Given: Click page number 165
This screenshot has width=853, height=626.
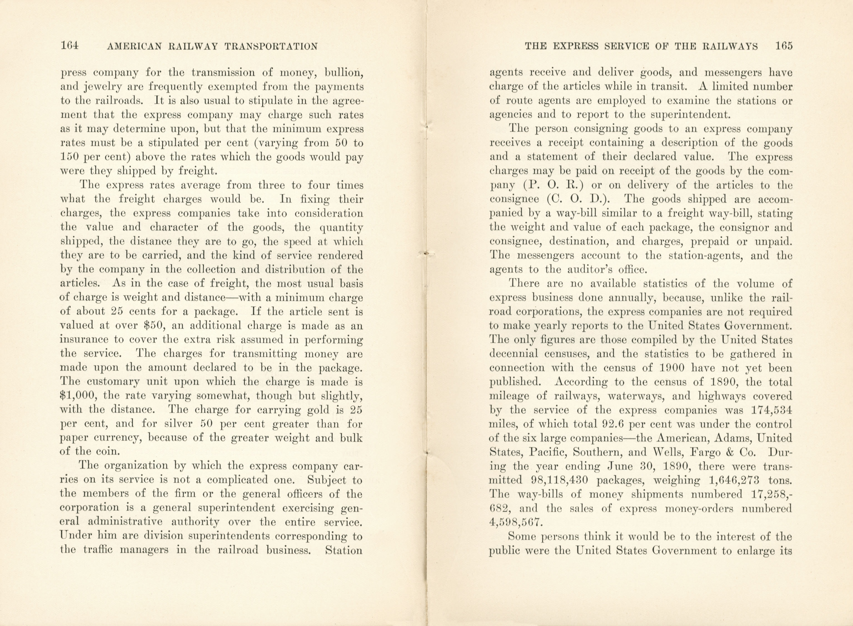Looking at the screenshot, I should click(783, 46).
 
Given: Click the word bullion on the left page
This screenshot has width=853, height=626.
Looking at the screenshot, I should click(345, 72).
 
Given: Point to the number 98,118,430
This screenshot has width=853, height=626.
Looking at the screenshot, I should click(557, 480).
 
